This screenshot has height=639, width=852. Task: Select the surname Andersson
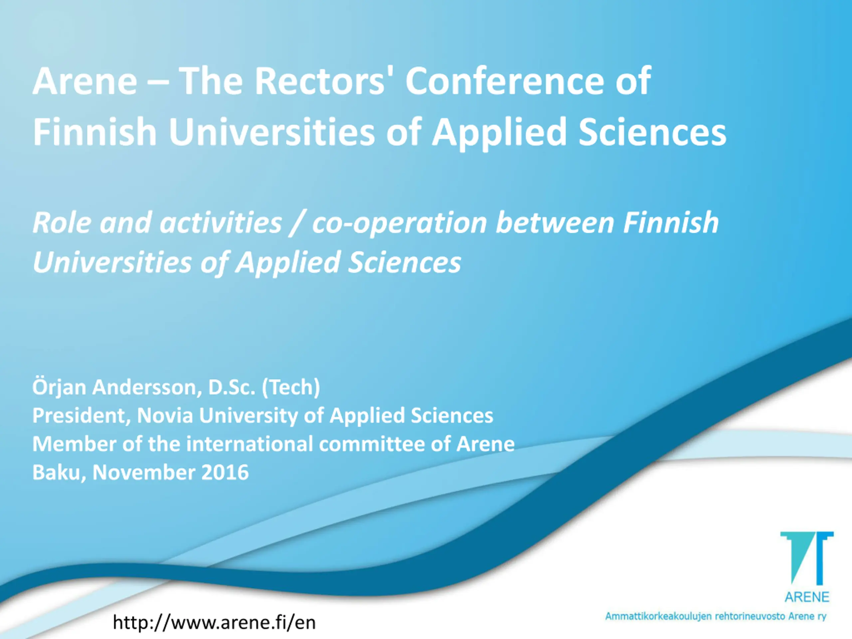(147, 387)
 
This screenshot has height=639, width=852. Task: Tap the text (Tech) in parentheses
(291, 387)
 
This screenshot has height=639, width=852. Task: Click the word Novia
(165, 416)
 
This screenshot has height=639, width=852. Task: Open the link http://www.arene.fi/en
(214, 622)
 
